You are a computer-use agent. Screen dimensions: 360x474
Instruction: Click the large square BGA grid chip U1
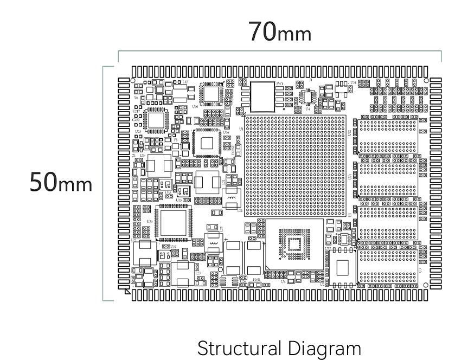pyautogui.click(x=295, y=165)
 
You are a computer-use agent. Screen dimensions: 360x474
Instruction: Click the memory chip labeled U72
pyautogui.click(x=342, y=268)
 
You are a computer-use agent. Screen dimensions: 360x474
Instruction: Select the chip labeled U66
pyautogui.click(x=207, y=143)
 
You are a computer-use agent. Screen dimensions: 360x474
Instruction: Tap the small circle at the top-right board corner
pyautogui.click(x=426, y=80)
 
